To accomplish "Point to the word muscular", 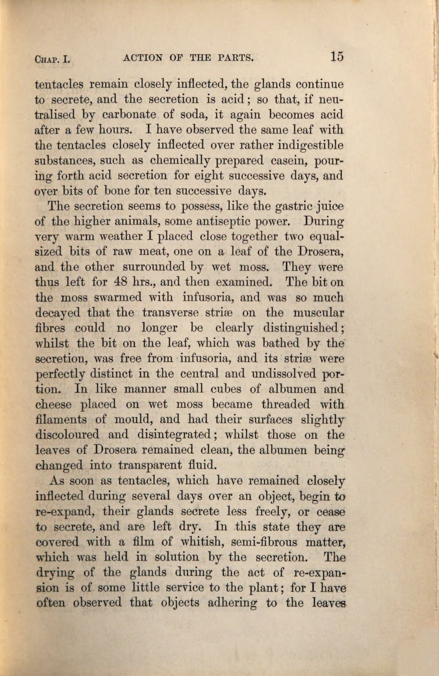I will pos(318,313).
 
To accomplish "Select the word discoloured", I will pos(68,435).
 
